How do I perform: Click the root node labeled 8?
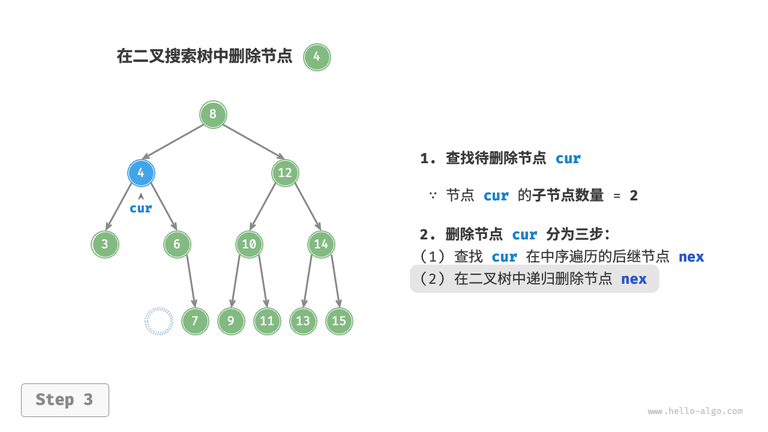(213, 115)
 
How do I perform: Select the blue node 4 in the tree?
(141, 173)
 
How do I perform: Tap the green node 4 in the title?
(317, 58)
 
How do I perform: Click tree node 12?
(285, 173)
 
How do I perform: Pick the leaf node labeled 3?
(105, 244)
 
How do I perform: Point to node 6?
(177, 244)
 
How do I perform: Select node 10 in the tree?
(249, 244)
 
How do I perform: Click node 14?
(321, 244)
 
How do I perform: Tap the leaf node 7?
(195, 321)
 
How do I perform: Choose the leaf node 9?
(231, 321)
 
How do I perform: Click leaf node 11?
(267, 321)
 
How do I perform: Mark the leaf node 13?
(303, 321)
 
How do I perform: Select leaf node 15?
(339, 321)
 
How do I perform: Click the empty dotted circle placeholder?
(159, 321)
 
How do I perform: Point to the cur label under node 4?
(141, 209)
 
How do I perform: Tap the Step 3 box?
(65, 400)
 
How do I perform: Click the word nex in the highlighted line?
(634, 279)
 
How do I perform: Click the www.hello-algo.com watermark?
(695, 412)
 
